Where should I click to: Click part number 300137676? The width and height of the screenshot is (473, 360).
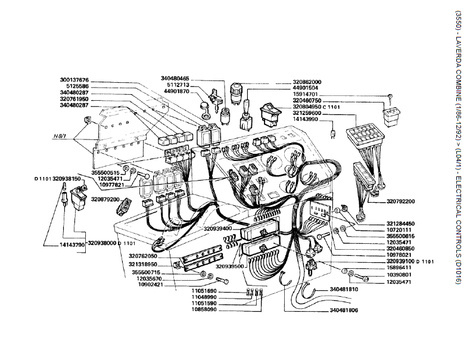pos(74,80)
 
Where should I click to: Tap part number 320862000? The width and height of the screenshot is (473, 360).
pos(307,82)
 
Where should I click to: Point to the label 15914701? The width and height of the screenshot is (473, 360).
pos(307,94)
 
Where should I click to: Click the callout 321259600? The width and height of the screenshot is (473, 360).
pos(307,113)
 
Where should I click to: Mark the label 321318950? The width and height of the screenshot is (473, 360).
pos(142,263)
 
